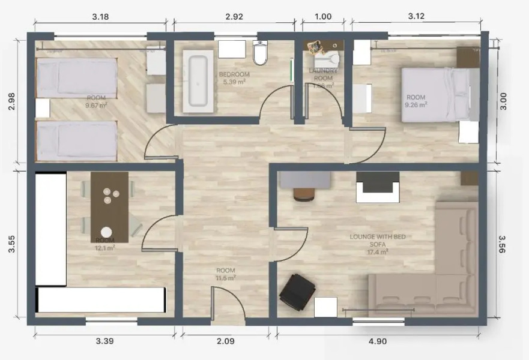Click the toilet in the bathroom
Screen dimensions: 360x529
coord(261,53)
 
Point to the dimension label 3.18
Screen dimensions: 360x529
coord(100,16)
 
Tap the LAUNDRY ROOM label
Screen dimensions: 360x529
coord(324,74)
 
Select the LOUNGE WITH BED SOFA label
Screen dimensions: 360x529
coord(378,241)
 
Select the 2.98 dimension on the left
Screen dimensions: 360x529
coord(10,102)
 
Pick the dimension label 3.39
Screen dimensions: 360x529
coord(105,341)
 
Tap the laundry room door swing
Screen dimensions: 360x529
coord(325,108)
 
